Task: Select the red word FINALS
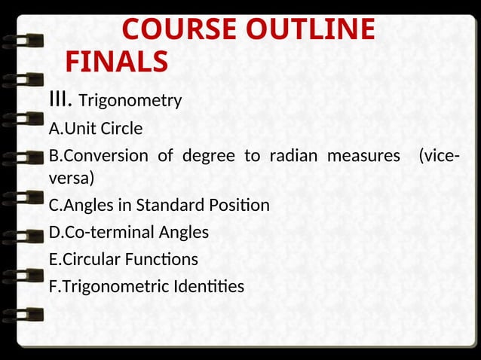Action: click(x=116, y=62)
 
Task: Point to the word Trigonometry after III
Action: click(x=130, y=100)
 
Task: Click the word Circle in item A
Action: click(x=121, y=129)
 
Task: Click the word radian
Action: click(x=290, y=157)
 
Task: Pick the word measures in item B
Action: click(x=363, y=157)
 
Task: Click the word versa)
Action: click(x=72, y=178)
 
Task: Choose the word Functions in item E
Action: click(x=163, y=260)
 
